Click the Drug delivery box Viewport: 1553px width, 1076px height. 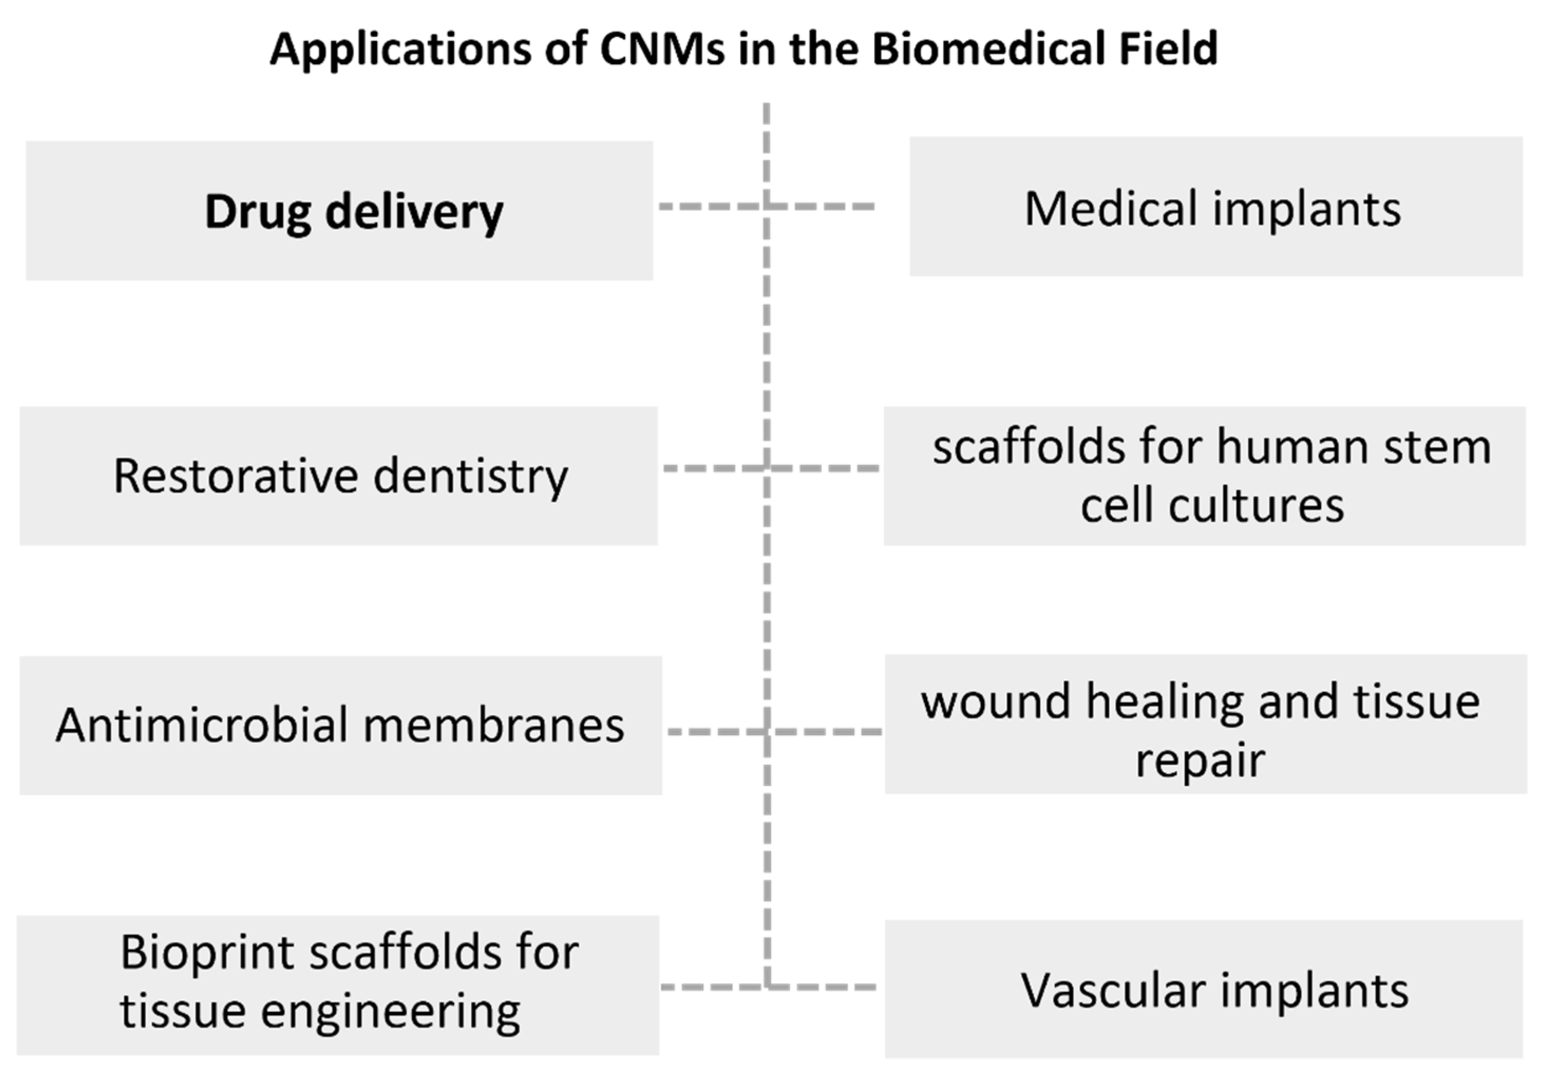point(339,210)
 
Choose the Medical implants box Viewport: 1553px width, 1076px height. point(1215,206)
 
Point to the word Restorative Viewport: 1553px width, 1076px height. point(235,476)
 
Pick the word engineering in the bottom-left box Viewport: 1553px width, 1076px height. point(390,1011)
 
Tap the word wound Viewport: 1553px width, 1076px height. point(995,701)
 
